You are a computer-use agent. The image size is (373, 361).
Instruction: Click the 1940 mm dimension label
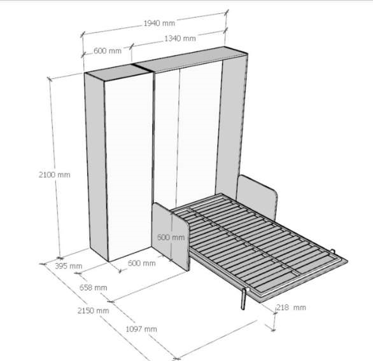pyautogui.click(x=159, y=24)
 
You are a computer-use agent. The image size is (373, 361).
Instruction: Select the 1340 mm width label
pyautogui.click(x=180, y=38)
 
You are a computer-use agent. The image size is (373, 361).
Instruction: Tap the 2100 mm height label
pyautogui.click(x=55, y=175)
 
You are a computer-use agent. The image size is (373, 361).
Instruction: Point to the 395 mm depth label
pyautogui.click(x=69, y=266)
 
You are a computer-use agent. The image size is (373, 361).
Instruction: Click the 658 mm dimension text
pyautogui.click(x=93, y=288)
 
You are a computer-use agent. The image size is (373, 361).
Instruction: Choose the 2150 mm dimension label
pyautogui.click(x=93, y=311)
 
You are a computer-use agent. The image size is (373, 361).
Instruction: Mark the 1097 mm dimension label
pyautogui.click(x=141, y=329)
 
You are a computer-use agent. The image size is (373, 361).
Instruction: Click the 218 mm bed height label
pyautogui.click(x=291, y=308)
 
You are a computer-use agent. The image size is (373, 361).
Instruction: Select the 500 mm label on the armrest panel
pyautogui.click(x=171, y=237)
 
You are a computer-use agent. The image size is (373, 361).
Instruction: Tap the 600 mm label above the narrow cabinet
pyautogui.click(x=108, y=51)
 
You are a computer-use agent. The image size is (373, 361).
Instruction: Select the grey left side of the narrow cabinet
pyautogui.click(x=96, y=167)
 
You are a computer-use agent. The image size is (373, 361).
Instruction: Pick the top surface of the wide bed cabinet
pyautogui.click(x=190, y=59)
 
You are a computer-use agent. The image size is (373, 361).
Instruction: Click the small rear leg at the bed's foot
pyautogui.click(x=333, y=251)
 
